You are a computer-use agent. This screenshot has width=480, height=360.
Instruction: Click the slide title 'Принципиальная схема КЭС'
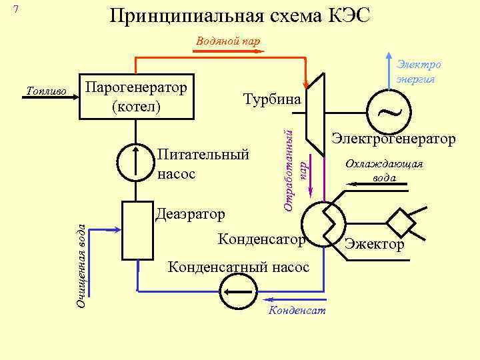click(x=240, y=16)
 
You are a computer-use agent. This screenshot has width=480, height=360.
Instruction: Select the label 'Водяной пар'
click(x=229, y=41)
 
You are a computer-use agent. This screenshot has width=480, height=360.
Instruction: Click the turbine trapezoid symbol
click(x=314, y=112)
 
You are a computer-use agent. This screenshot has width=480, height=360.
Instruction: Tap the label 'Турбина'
click(x=272, y=99)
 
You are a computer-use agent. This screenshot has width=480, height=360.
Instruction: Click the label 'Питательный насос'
click(x=203, y=164)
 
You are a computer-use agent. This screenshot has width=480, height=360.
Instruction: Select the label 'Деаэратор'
click(x=190, y=214)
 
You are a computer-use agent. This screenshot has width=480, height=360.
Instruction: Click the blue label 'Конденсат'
click(x=297, y=311)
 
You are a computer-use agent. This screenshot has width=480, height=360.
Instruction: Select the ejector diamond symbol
click(x=403, y=221)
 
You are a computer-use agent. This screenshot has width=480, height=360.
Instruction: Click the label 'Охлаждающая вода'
click(x=385, y=171)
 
